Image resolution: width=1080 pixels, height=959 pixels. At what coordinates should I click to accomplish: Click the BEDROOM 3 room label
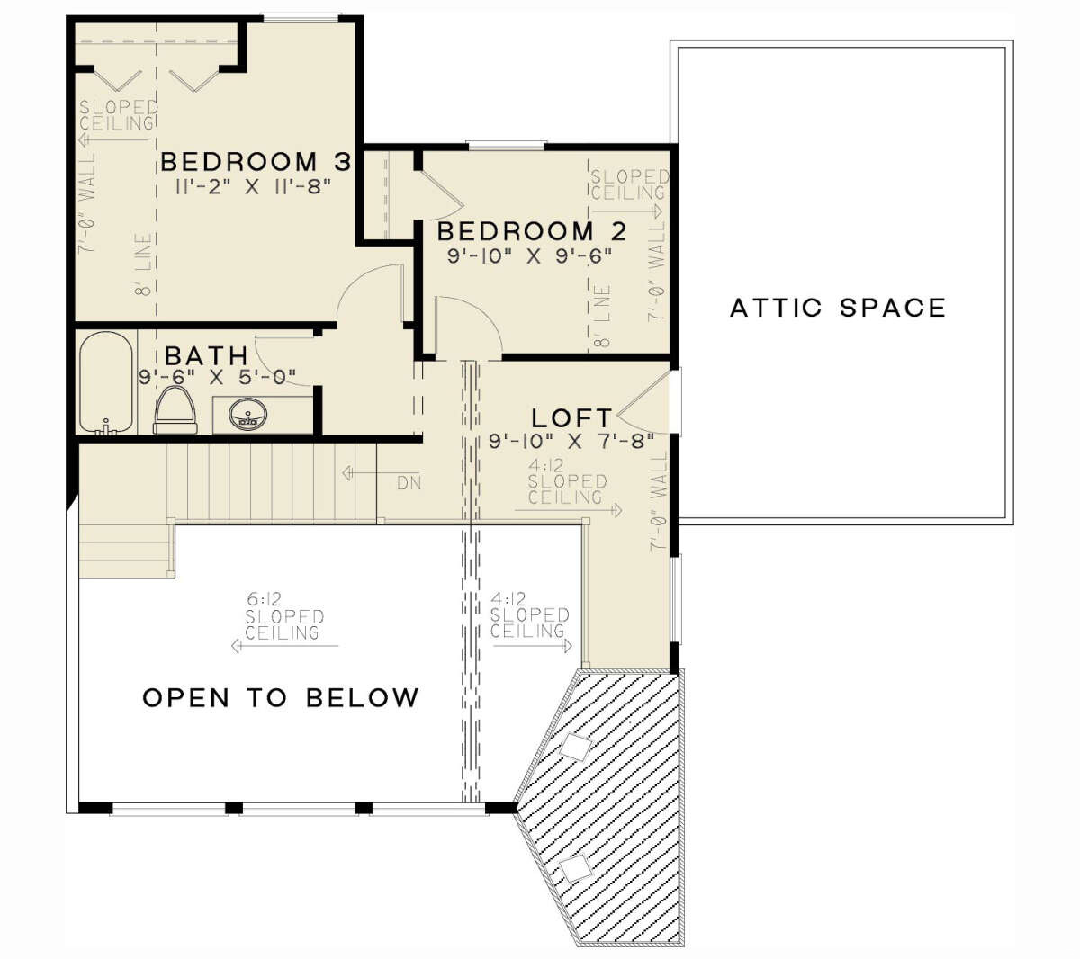click(x=255, y=163)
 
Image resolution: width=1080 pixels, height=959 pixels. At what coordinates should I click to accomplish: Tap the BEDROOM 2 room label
click(x=531, y=231)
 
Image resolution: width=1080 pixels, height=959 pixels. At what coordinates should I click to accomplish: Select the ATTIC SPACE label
click(x=838, y=309)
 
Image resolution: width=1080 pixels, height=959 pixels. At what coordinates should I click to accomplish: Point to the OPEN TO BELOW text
click(x=281, y=697)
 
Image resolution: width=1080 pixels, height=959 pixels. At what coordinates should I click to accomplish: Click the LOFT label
click(x=571, y=418)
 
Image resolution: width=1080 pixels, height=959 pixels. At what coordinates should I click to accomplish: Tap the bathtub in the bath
click(x=106, y=382)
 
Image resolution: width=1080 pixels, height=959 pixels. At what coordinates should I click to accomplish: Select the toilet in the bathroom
click(x=175, y=412)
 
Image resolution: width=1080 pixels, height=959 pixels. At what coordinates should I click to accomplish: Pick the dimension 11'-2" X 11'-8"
click(x=255, y=187)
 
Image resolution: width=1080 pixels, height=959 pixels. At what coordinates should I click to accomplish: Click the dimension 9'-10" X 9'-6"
click(x=530, y=255)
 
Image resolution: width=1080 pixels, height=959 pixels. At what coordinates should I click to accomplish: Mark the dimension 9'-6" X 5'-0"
click(x=217, y=378)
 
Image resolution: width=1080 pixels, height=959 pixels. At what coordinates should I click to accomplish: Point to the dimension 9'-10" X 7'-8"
click(x=571, y=442)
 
